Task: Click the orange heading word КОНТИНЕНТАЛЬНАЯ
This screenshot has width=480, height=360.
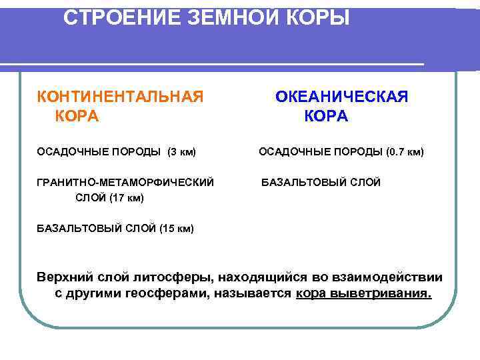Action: (x=120, y=97)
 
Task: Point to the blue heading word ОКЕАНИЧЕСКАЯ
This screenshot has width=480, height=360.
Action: (x=342, y=97)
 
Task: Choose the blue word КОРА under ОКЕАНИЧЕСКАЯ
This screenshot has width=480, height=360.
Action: (x=326, y=116)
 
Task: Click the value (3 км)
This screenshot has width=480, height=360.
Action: (x=182, y=152)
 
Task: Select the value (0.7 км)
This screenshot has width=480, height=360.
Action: (x=405, y=152)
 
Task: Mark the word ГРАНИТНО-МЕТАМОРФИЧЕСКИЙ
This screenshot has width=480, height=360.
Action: (x=125, y=181)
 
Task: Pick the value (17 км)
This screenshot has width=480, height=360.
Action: (x=126, y=198)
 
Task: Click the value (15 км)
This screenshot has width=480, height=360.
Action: (x=177, y=229)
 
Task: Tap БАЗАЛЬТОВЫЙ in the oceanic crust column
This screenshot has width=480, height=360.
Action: (x=302, y=181)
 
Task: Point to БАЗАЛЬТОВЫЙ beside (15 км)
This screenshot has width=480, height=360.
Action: (x=78, y=229)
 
